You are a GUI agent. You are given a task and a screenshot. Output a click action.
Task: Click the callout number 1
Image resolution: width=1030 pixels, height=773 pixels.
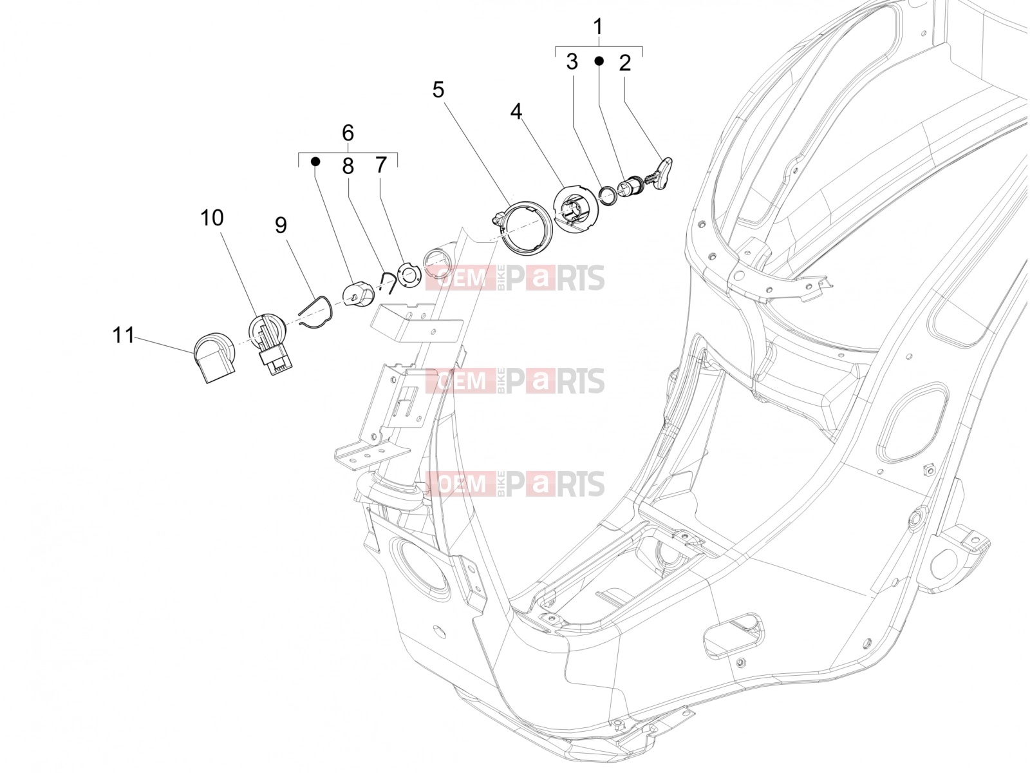coord(598,27)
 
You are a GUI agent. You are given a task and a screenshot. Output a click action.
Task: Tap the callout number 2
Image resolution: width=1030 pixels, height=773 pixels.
coord(624,63)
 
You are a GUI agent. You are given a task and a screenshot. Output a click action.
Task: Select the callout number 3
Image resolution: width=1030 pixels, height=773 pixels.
coord(572,61)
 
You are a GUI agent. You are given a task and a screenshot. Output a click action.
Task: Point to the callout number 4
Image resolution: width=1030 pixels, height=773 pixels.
coord(516,111)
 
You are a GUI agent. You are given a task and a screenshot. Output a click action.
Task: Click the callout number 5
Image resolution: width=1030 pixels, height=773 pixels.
coord(438,90)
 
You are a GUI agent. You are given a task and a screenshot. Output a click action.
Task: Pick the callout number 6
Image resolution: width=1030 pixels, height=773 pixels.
coord(348,133)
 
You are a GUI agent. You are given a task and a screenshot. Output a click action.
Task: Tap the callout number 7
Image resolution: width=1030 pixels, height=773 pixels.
coord(381,165)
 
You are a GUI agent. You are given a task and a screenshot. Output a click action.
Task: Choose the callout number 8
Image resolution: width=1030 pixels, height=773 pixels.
coord(348,166)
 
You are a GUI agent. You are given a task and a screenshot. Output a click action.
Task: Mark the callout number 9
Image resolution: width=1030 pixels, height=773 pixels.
coord(281,225)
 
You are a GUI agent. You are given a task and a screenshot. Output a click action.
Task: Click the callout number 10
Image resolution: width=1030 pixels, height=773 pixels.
coord(212,218)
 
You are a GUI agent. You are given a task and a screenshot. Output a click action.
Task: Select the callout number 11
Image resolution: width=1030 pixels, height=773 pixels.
coord(124,335)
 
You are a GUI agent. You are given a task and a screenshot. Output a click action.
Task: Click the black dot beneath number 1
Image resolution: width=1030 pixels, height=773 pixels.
coord(599,61)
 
